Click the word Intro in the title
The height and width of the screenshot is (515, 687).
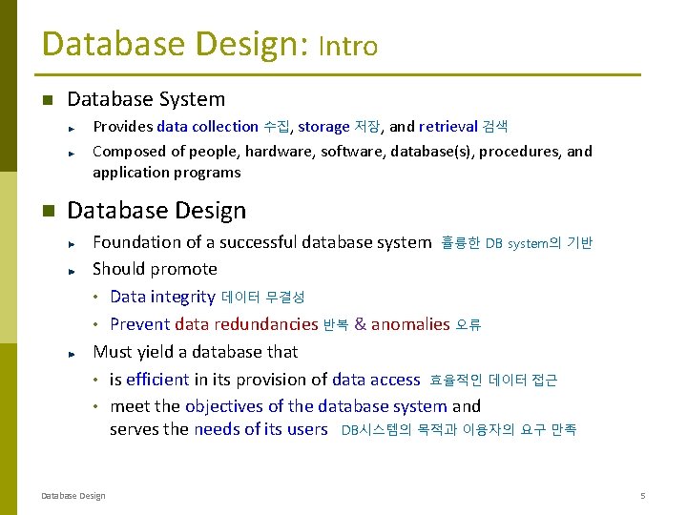coord(348,47)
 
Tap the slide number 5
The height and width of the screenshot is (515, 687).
coord(643,495)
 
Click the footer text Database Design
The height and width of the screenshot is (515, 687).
coord(73,495)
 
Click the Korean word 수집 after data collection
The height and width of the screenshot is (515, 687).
coord(277,127)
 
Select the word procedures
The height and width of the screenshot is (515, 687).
coord(516,152)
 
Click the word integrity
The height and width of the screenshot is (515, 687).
coord(183,298)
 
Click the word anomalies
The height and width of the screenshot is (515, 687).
coord(410,325)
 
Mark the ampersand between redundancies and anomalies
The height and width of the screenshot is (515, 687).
coord(360,325)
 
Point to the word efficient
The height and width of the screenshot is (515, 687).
coord(157,380)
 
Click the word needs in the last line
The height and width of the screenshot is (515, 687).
coord(217,429)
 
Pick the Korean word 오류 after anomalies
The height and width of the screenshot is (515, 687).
coord(468,325)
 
